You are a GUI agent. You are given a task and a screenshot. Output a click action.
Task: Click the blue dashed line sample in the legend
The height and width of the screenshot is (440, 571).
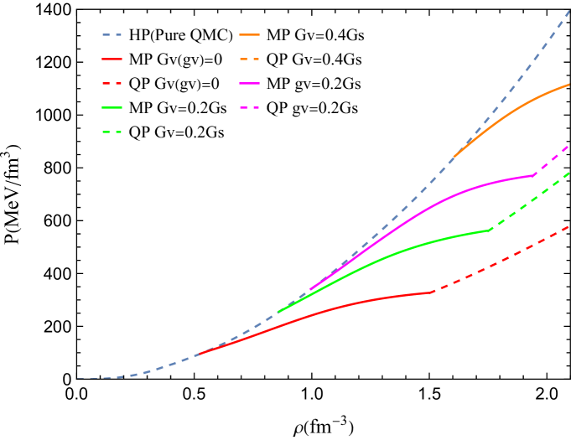point(112,35)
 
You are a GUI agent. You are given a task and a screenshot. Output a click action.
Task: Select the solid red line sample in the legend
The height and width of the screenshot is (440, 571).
point(112,60)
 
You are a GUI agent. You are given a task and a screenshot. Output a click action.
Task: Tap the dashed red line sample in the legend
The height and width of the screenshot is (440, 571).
point(112,84)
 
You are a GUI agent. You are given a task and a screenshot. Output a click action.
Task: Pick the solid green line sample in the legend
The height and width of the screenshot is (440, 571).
point(112,107)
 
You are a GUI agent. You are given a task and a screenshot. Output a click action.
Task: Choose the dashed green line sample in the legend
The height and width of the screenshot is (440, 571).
point(112,132)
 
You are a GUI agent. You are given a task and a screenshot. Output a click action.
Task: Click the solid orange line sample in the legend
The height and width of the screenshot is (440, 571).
point(249,35)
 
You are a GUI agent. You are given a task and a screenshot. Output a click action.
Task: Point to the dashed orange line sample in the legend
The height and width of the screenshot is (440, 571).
point(249,60)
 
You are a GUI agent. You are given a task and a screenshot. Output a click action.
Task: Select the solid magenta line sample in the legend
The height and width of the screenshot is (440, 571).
point(249,84)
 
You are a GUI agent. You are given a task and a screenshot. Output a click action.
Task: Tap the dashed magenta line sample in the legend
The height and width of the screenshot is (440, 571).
point(249,107)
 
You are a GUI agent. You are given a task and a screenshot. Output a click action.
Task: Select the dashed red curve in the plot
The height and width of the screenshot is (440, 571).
point(503,259)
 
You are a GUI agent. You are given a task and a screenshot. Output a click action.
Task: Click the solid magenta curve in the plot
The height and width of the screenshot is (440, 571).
point(436,204)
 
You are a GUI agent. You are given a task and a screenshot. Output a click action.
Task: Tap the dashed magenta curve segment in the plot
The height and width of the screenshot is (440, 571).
point(553,159)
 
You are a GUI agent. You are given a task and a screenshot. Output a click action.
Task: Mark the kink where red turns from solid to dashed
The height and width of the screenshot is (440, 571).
point(432,292)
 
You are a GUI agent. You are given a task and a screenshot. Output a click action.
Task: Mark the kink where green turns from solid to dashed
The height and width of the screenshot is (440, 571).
point(489,230)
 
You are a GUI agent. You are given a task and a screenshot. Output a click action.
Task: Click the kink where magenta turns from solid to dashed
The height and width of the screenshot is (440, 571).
point(534,175)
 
